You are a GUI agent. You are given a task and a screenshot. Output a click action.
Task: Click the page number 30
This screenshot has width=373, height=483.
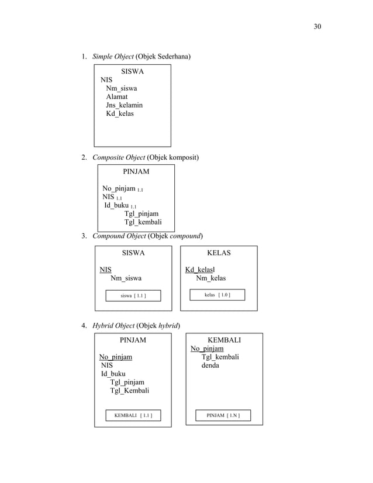click(x=317, y=26)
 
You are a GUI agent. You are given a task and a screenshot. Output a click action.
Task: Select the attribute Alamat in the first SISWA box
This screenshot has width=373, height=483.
click(x=117, y=96)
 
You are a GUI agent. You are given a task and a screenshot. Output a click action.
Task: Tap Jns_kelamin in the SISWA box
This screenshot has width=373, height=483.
click(x=124, y=105)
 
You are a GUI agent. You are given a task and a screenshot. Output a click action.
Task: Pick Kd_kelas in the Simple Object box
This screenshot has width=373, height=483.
click(x=120, y=113)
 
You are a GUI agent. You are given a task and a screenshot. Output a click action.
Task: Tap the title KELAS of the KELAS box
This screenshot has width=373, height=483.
click(x=219, y=253)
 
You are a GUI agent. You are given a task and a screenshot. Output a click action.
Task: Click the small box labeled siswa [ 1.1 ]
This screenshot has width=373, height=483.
click(x=133, y=296)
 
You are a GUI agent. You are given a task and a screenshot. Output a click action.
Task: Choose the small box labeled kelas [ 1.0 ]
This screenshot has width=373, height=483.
click(x=217, y=295)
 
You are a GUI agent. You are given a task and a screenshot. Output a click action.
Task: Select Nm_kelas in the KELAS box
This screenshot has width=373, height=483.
click(x=210, y=278)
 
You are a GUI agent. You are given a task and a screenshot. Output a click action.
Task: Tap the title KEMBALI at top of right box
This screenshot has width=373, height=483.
click(x=224, y=340)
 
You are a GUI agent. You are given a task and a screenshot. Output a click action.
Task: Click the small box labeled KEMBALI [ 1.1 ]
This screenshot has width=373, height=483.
click(x=133, y=416)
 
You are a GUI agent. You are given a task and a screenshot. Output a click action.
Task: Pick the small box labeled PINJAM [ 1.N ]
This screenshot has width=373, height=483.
click(x=223, y=416)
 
